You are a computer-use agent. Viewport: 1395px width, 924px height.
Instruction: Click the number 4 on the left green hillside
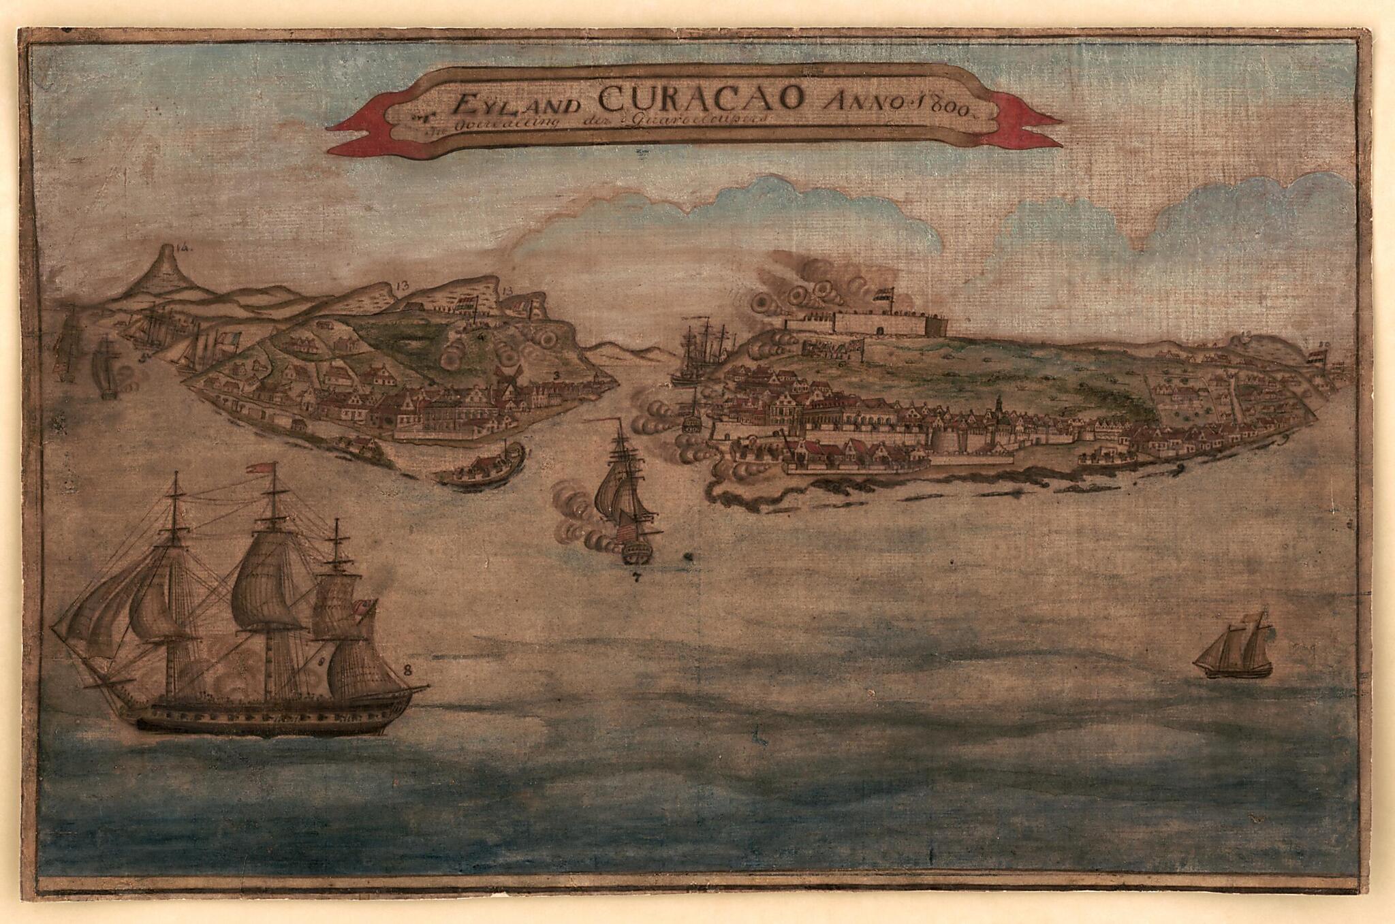click(x=481, y=335)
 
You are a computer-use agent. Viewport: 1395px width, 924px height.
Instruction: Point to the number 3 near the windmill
click(x=557, y=375)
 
